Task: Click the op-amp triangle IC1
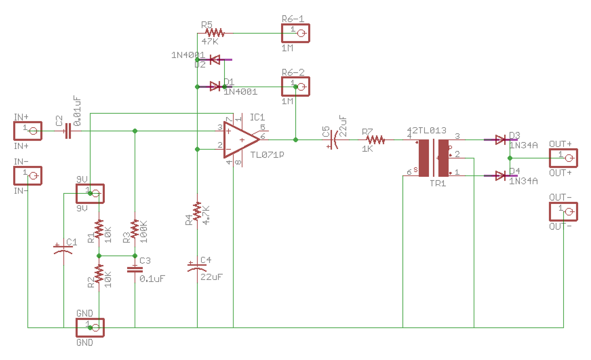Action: click(240, 140)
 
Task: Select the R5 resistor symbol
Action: click(215, 33)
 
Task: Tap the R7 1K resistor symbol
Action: click(376, 140)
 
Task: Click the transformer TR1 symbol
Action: click(434, 158)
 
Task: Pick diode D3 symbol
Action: click(500, 140)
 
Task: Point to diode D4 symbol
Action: click(500, 176)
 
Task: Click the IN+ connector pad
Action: click(28, 131)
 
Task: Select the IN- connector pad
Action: click(28, 175)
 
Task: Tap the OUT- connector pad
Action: click(563, 212)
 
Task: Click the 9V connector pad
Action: click(90, 193)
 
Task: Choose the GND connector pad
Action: click(90, 328)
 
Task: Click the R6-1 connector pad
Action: click(295, 33)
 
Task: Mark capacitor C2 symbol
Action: click(68, 131)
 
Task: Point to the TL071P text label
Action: click(267, 155)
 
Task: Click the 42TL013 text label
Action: click(427, 130)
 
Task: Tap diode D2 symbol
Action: click(215, 60)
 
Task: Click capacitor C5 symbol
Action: click(333, 140)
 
